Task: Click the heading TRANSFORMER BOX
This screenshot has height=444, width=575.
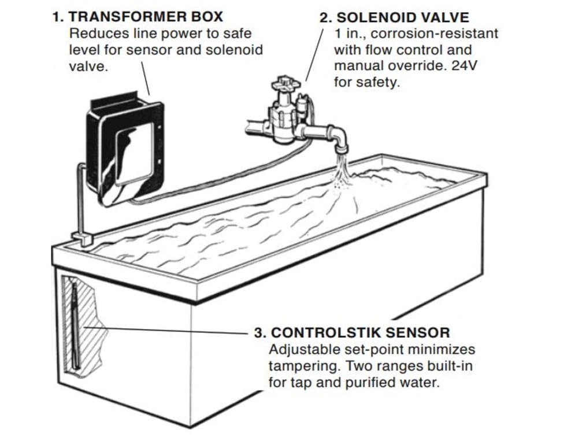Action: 146,16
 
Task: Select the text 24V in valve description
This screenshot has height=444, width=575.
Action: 464,66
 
